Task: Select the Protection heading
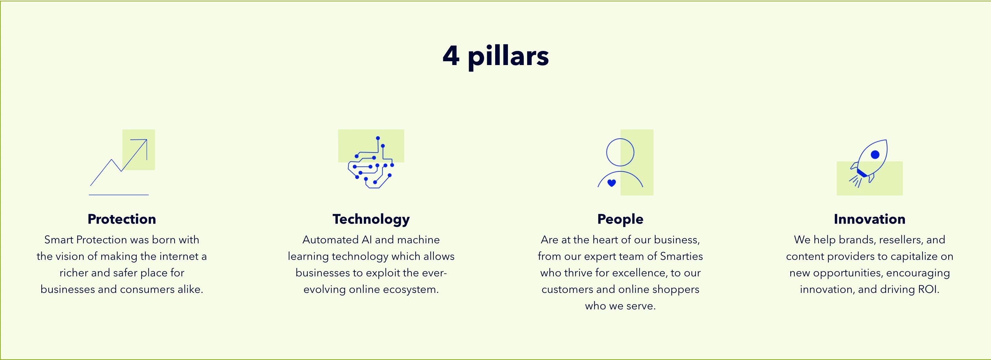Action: tap(122, 219)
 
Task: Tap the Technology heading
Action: tap(371, 219)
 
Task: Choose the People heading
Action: tap(620, 219)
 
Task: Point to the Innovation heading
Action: tap(869, 219)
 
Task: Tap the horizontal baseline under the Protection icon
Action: tap(118, 195)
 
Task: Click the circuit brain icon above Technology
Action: tap(371, 162)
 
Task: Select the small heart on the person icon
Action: tap(612, 183)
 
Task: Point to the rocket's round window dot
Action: tap(875, 155)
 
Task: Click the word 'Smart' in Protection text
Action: tap(59, 240)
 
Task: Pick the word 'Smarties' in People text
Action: tap(681, 256)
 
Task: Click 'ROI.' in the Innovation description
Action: tap(928, 289)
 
